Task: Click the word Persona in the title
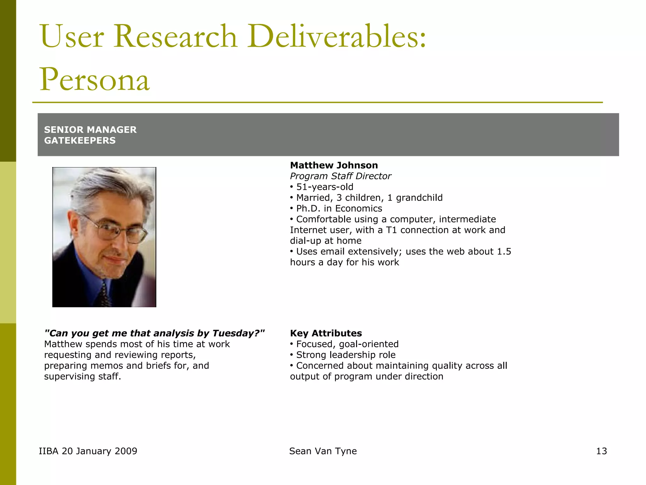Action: [94, 80]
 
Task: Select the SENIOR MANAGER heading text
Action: [90, 130]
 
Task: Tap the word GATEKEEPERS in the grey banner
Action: [80, 141]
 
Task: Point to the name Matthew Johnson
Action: [334, 165]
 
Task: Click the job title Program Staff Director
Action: [340, 176]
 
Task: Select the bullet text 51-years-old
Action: [325, 187]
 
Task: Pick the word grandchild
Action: [419, 198]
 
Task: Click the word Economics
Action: [358, 208]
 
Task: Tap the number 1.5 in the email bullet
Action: [504, 251]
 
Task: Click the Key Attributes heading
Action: [326, 333]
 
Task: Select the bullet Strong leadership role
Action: [346, 355]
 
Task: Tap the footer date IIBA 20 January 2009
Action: [88, 451]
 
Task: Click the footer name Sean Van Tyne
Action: [323, 451]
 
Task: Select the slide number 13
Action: [601, 451]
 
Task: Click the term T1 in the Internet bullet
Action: [391, 230]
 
